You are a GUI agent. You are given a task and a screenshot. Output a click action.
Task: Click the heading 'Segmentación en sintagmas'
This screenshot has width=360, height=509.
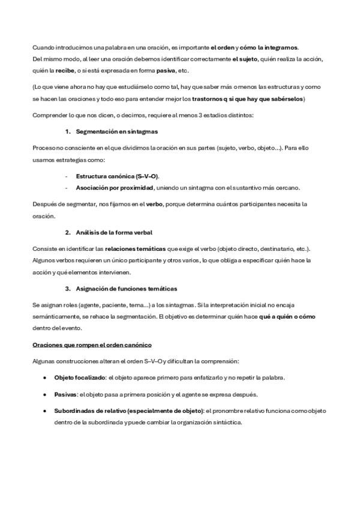[117, 131]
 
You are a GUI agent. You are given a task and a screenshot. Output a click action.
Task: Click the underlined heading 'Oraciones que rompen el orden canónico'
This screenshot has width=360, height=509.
[92, 345]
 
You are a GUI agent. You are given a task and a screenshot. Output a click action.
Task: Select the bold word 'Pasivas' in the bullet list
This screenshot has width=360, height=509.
[65, 394]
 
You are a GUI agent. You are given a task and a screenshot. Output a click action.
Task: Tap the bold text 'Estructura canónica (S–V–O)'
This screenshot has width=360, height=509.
[117, 176]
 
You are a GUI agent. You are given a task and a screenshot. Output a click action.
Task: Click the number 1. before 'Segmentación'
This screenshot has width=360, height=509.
[68, 131]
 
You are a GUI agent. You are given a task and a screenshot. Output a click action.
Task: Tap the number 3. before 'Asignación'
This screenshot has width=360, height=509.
[68, 289]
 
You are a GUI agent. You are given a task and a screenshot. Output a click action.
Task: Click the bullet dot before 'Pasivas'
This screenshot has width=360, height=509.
[45, 395]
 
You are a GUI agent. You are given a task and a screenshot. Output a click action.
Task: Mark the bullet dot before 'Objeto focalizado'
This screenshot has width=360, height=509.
[45, 378]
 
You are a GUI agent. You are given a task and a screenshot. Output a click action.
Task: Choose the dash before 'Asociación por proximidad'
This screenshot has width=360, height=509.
[65, 188]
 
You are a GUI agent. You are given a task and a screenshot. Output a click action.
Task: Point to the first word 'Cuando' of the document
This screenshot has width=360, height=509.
[43, 47]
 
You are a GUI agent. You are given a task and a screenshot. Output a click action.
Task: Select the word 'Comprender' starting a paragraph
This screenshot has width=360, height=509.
[49, 115]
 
